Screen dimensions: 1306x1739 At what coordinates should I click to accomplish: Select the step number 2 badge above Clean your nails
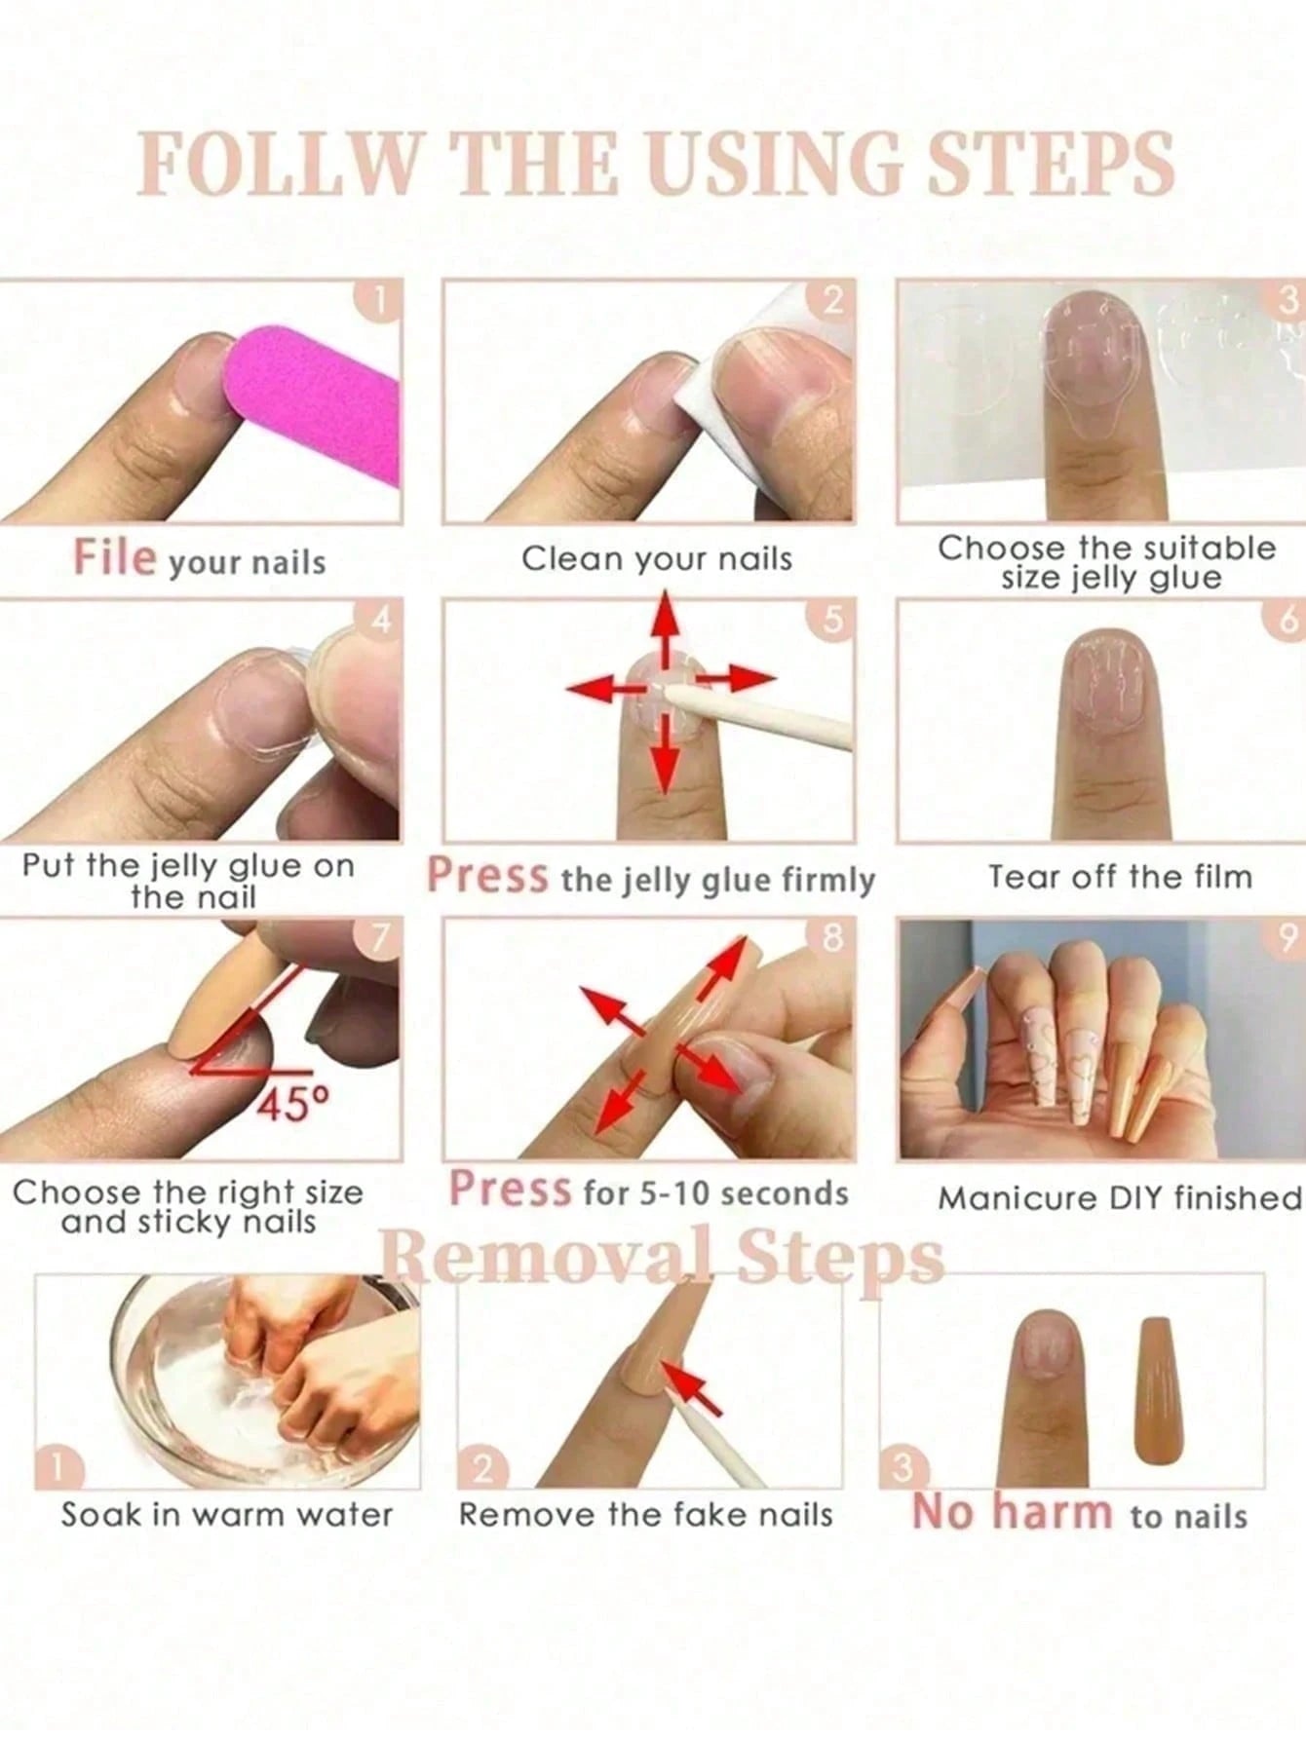point(833,300)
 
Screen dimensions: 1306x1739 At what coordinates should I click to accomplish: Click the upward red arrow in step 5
point(665,628)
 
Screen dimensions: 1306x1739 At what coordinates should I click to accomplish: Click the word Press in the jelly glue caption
point(488,875)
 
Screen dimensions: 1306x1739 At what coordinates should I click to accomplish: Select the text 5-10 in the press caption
point(672,1193)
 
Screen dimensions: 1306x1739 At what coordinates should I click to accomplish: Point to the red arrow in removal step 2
point(693,1388)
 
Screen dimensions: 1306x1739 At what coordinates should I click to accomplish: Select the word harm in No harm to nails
point(1052,1513)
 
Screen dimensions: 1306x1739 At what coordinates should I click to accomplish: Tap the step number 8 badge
point(831,937)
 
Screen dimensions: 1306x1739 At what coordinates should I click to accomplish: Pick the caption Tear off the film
point(1120,877)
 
